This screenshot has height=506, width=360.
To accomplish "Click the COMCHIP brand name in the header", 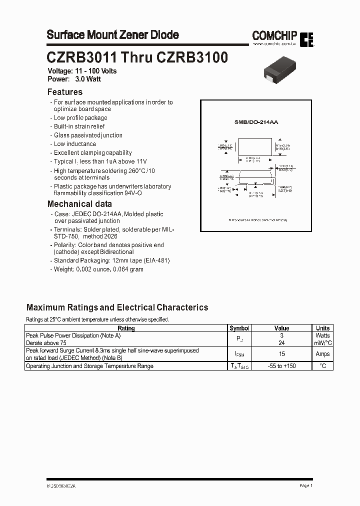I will [x=274, y=35].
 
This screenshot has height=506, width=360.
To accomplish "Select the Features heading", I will [x=64, y=92].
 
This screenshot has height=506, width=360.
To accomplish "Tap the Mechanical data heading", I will [x=79, y=204].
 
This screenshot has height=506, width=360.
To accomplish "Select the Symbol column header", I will [x=239, y=328].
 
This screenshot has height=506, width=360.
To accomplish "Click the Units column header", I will [x=322, y=328].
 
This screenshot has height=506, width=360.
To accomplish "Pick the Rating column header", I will [x=125, y=328].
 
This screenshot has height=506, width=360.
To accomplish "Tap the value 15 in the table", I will [x=282, y=354].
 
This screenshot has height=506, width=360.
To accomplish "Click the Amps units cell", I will [x=322, y=354].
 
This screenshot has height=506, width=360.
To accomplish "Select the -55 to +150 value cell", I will [x=282, y=366].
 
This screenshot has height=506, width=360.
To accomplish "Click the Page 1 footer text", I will [x=306, y=485].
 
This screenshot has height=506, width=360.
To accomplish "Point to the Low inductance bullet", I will [x=74, y=144].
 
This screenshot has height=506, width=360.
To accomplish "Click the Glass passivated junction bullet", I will [x=87, y=135].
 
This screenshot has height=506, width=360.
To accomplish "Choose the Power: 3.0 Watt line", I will [x=75, y=79].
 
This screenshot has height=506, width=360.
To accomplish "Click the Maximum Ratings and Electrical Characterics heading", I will [x=117, y=307].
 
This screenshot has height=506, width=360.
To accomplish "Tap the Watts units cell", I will [x=322, y=335].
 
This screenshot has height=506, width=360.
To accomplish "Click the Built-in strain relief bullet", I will [x=79, y=126].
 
